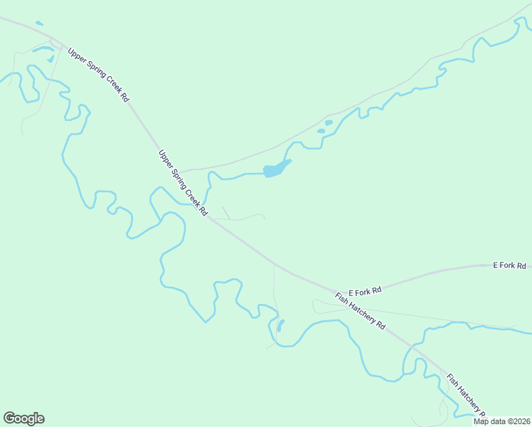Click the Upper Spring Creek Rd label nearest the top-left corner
pos(98,75)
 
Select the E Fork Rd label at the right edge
pos(509,265)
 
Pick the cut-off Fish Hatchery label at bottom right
pos(466,394)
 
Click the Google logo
pos(23,418)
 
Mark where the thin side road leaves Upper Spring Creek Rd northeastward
pos(181,172)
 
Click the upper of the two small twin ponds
pos(329,122)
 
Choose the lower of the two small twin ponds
pos(321,131)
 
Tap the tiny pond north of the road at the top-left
pos(38,23)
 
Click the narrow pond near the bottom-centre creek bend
pos(280,325)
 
